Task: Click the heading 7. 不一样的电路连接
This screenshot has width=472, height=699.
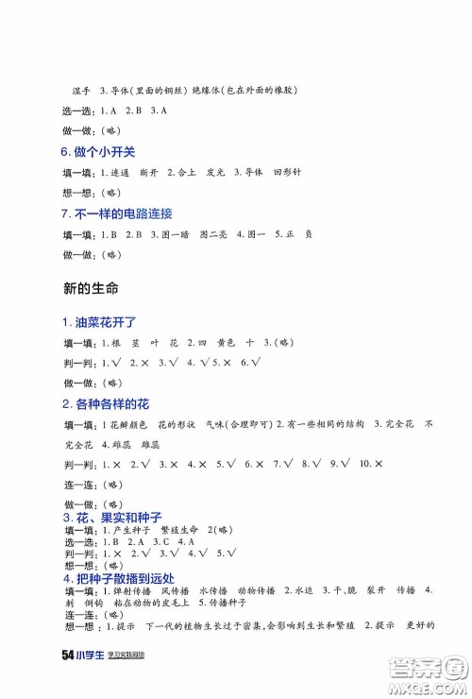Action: tap(116, 213)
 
